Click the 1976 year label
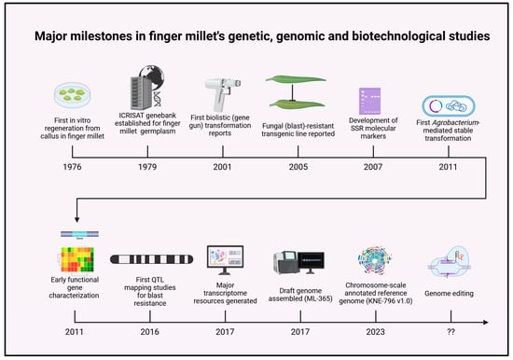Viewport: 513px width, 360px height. point(72,167)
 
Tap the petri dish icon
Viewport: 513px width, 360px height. point(73,95)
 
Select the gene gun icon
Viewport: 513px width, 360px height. point(223,94)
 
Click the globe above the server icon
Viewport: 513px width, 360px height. point(151,77)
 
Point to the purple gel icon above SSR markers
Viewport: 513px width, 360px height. point(370,101)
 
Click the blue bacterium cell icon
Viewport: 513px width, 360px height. point(449,106)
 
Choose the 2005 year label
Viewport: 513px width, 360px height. point(298,167)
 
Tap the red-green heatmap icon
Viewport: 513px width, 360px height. point(77,259)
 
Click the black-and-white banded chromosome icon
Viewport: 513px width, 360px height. point(151,259)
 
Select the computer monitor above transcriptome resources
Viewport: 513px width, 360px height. point(225,260)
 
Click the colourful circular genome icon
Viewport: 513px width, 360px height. point(375,260)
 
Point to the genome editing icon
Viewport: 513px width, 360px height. point(451,262)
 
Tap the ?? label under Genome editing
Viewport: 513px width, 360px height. point(451,332)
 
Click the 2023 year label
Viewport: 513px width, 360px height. point(375,332)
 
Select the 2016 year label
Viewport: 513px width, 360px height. point(149,332)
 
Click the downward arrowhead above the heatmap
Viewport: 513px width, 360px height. point(76,219)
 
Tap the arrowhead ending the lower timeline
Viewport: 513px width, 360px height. point(486,323)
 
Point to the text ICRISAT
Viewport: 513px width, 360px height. point(132,116)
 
